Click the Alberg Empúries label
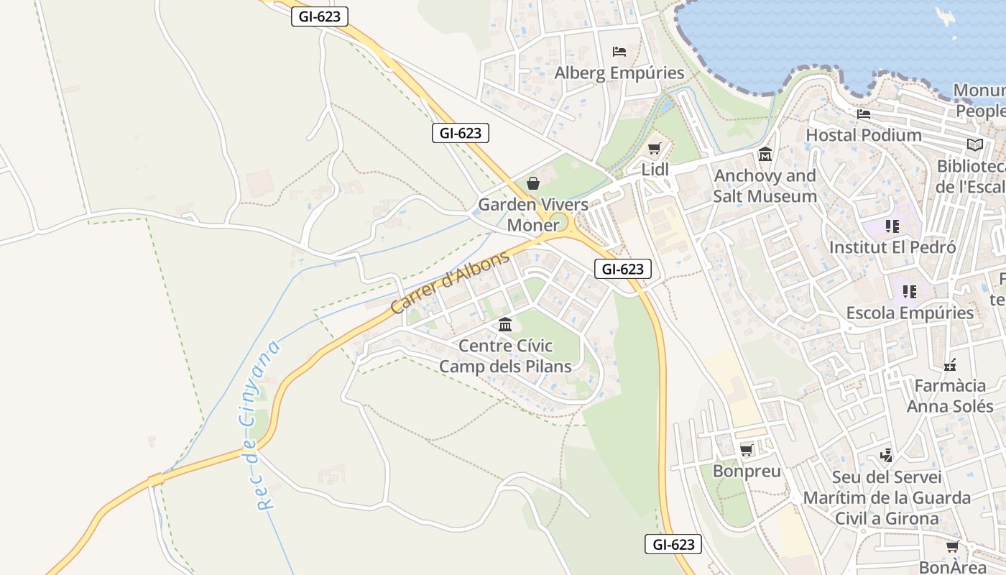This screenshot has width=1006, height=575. (619, 73)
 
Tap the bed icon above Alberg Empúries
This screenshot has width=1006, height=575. (619, 52)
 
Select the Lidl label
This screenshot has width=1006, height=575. (655, 170)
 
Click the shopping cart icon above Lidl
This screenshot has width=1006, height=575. (654, 149)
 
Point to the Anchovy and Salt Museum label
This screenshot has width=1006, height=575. (765, 186)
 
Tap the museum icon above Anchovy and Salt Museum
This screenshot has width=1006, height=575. (765, 155)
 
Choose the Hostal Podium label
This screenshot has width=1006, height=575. (864, 134)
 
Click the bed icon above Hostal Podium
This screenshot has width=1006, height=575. (864, 114)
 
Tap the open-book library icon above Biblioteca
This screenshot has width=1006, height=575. (974, 145)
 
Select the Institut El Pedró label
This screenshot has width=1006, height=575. (892, 247)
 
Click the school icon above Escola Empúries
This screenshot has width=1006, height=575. (910, 292)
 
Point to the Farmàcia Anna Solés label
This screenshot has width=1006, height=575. (949, 396)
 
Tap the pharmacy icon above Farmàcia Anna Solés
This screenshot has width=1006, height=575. (950, 365)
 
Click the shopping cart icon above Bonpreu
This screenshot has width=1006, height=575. (747, 451)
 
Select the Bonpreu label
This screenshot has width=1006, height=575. (747, 471)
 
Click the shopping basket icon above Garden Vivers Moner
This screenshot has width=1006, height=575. (533, 183)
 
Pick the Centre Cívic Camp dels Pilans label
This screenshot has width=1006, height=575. (505, 356)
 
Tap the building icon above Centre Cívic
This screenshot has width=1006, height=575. (505, 325)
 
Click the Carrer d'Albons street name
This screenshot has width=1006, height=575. (450, 282)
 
